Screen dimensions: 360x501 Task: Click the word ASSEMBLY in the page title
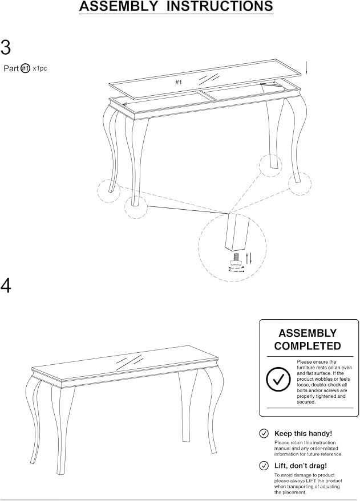point(118,6)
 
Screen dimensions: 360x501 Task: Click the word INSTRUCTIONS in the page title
point(220,6)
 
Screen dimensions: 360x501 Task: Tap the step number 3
point(6,47)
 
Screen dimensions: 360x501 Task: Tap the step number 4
point(6,286)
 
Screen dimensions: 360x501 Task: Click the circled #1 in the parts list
point(25,68)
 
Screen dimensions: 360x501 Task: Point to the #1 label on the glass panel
point(179,83)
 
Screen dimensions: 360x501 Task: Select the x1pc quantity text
point(39,68)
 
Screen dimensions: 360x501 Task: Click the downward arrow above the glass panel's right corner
point(306,67)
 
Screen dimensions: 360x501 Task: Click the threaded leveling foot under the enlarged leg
point(236,259)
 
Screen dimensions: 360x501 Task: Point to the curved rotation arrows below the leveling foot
point(236,270)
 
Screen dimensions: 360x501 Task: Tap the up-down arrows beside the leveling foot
point(249,258)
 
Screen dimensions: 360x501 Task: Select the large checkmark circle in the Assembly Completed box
point(278,379)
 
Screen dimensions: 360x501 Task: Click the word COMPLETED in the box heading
point(308,346)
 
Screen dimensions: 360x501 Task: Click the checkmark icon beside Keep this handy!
point(264,434)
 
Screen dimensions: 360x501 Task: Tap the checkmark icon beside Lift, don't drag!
point(264,466)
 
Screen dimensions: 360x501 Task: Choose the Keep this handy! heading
point(303,434)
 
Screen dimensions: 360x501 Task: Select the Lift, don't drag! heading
point(301,466)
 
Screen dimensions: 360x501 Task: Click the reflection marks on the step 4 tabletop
point(130,362)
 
